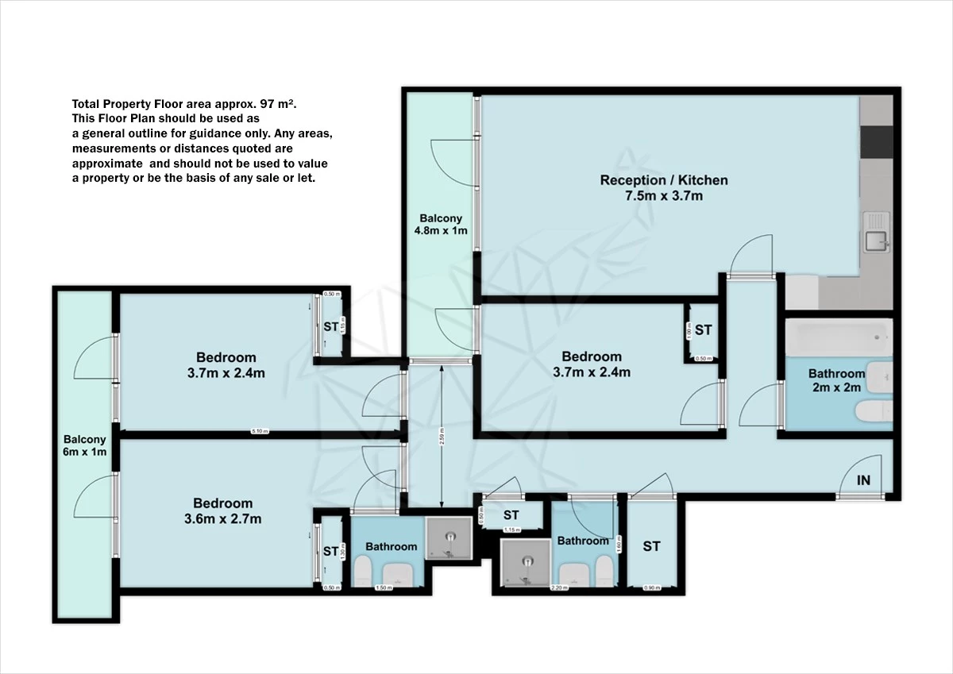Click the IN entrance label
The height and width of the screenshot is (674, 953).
point(863,480)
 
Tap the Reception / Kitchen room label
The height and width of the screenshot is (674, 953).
point(664,188)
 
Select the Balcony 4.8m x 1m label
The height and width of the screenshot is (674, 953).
point(441,225)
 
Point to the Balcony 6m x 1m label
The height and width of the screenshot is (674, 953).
point(85,445)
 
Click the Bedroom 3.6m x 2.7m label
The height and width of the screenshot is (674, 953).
point(223,510)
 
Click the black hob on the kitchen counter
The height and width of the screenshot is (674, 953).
point(877,141)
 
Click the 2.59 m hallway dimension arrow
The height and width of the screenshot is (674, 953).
point(441,436)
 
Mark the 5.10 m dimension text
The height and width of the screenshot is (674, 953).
point(260,432)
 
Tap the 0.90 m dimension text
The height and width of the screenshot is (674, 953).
point(650,588)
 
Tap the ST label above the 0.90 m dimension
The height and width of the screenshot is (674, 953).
point(651,546)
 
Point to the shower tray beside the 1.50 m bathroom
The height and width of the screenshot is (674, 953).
point(450,537)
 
